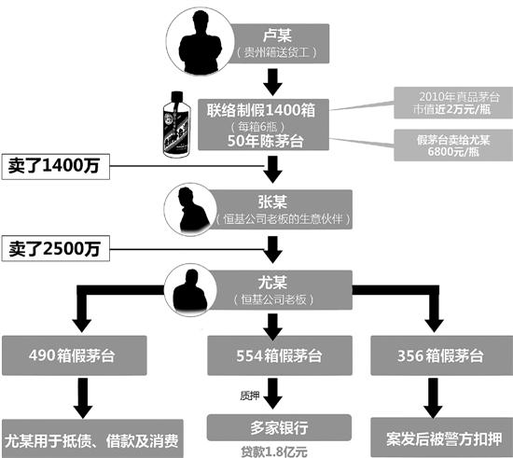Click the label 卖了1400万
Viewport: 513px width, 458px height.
click(x=54, y=167)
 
